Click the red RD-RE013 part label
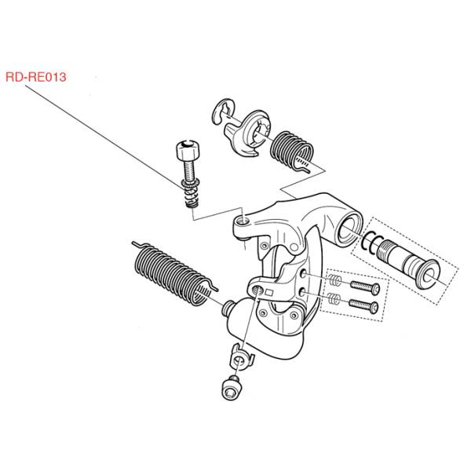[36, 77]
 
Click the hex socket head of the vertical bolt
[188, 150]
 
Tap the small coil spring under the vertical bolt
[191, 193]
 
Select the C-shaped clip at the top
[222, 111]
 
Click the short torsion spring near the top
[292, 151]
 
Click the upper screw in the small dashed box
[365, 287]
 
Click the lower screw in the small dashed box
[363, 306]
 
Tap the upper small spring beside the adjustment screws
[335, 280]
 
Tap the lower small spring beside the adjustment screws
[334, 298]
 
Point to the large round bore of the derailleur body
[349, 232]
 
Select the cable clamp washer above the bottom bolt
[242, 357]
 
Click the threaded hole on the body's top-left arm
[243, 221]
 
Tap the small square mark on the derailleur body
[269, 292]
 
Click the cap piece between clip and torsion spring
[248, 133]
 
